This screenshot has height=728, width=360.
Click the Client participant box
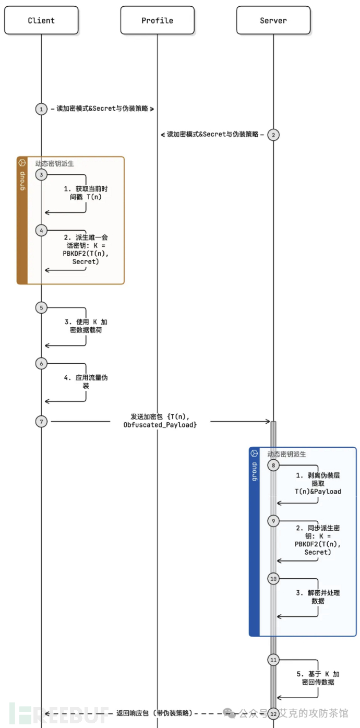(x=41, y=20)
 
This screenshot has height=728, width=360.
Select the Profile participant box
(x=157, y=20)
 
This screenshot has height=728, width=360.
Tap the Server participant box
(x=273, y=20)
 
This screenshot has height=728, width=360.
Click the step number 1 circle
(x=41, y=109)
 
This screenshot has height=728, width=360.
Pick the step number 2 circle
(x=273, y=134)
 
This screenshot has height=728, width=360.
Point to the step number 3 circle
(x=41, y=174)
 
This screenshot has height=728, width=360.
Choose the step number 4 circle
(x=41, y=230)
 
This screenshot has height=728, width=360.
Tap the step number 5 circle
(x=41, y=307)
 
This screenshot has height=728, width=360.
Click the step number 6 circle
(x=41, y=363)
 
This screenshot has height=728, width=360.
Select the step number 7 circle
(x=41, y=421)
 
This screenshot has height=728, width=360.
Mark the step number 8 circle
(x=273, y=465)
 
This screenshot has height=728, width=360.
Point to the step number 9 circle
(x=273, y=521)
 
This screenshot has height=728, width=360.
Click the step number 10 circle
(x=273, y=578)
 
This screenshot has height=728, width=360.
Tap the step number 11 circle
(x=273, y=660)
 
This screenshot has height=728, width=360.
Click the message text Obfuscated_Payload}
(x=160, y=425)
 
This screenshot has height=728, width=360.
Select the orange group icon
(x=22, y=163)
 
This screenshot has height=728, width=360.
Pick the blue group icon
(x=255, y=453)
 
